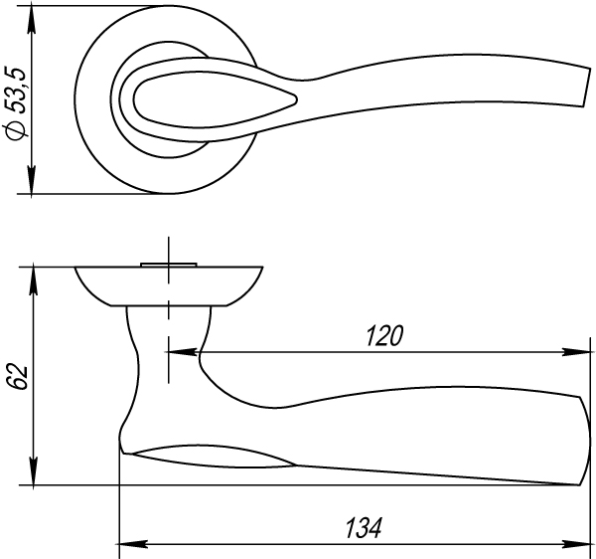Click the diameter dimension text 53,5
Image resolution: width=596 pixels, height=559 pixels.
pyautogui.click(x=14, y=77)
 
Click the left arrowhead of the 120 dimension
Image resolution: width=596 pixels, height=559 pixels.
pyautogui.click(x=176, y=351)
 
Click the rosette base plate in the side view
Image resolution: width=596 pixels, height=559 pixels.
pyautogui.click(x=169, y=284)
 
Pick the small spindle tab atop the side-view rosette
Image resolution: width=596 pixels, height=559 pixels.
pyautogui.click(x=170, y=263)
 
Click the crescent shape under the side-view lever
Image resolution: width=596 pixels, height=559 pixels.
pyautogui.click(x=214, y=455)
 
